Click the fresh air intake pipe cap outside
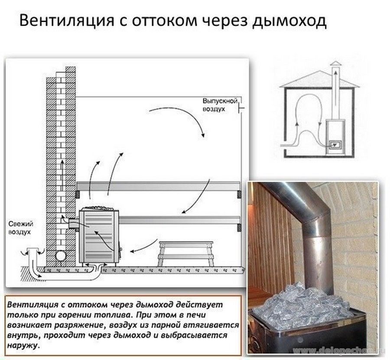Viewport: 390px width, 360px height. [x=32, y=251]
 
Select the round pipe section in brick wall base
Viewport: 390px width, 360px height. [x=62, y=255]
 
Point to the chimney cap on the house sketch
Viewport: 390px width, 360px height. [x=335, y=65]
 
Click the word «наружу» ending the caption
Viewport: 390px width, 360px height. [x=24, y=346]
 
